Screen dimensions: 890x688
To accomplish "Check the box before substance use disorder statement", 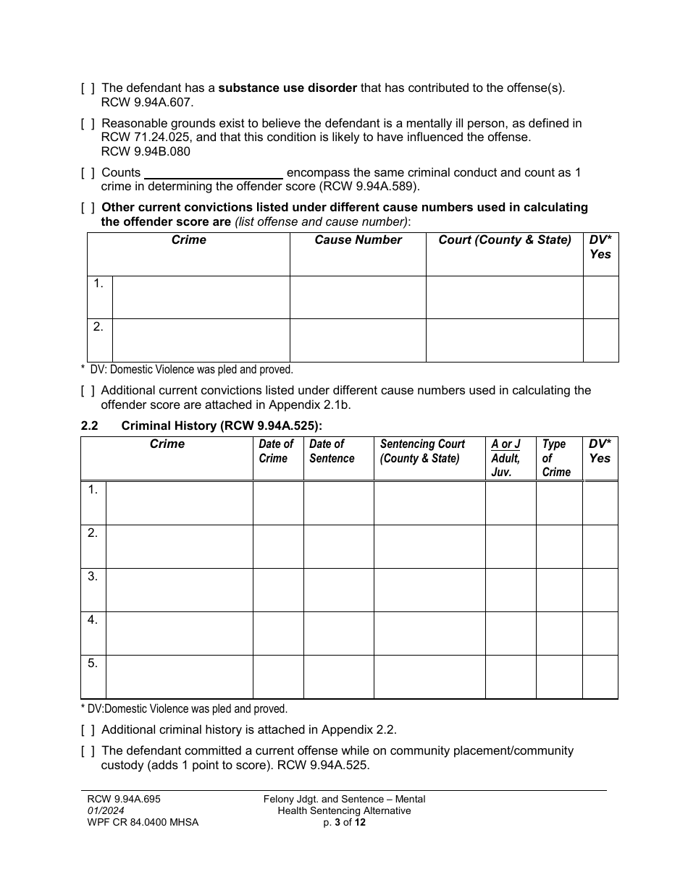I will click(88, 88).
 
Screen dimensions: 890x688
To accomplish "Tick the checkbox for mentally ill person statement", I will click(88, 124).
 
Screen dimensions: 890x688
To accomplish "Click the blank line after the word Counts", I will click(214, 174).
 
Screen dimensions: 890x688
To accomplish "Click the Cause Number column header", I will click(358, 240).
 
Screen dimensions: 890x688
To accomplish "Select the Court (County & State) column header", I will click(505, 240).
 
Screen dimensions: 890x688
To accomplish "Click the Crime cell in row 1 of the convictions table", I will click(201, 297).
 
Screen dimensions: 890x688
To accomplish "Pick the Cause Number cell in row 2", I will click(358, 340).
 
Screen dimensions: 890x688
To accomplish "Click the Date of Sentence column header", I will click(332, 452).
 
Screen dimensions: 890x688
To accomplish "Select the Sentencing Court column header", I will click(422, 452).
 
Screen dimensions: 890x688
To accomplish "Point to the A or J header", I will click(505, 444).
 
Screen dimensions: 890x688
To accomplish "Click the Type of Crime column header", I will click(555, 458).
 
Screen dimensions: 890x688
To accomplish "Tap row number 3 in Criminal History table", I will click(93, 577).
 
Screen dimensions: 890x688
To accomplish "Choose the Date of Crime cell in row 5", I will click(278, 677).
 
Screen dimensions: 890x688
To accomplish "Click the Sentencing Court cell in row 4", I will click(429, 633).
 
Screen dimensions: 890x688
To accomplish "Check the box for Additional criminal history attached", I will click(88, 730).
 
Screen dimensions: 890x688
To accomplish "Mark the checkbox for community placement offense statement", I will click(88, 751).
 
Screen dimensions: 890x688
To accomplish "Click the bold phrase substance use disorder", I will click(288, 88).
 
